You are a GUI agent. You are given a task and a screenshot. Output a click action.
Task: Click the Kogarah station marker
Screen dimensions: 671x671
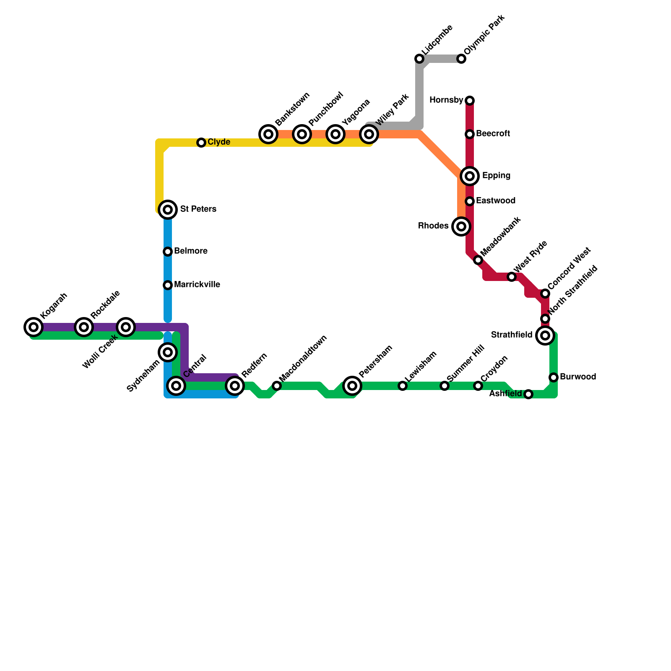point(34,327)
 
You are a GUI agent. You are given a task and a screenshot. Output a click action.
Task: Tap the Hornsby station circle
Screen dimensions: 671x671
point(470,101)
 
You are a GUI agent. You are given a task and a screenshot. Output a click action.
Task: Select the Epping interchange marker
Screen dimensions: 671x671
point(470,176)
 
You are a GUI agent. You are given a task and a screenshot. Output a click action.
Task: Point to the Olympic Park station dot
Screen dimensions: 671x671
point(461,59)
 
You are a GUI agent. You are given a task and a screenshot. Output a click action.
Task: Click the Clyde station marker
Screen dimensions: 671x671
point(201,143)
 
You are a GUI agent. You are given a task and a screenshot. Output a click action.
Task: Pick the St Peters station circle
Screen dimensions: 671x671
point(168,209)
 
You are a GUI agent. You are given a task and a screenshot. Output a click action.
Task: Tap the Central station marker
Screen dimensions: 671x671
point(177,385)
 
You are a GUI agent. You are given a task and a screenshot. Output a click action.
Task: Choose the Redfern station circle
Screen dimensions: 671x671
point(235,385)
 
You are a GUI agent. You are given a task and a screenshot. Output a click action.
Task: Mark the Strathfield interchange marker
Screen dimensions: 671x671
point(545,335)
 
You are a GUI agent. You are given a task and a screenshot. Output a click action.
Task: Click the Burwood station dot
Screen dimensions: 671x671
point(554,377)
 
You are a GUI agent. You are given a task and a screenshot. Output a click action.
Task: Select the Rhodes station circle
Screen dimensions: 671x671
point(461,226)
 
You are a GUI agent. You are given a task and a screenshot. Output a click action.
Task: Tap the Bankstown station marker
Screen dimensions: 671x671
point(268,134)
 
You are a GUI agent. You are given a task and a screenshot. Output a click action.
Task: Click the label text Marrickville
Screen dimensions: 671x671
point(197,285)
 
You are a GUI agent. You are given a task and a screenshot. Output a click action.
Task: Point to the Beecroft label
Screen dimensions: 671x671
point(493,134)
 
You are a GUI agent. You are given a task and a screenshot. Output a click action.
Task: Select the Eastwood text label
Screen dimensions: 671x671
point(495,201)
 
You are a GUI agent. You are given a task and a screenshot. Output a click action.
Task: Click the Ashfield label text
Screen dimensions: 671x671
point(505,394)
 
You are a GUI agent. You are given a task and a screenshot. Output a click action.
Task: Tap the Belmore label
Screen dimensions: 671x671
point(190,251)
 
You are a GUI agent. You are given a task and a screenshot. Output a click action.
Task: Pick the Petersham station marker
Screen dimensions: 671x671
point(352,385)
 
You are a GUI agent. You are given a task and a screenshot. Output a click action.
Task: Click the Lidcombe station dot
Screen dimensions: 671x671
point(419,59)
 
